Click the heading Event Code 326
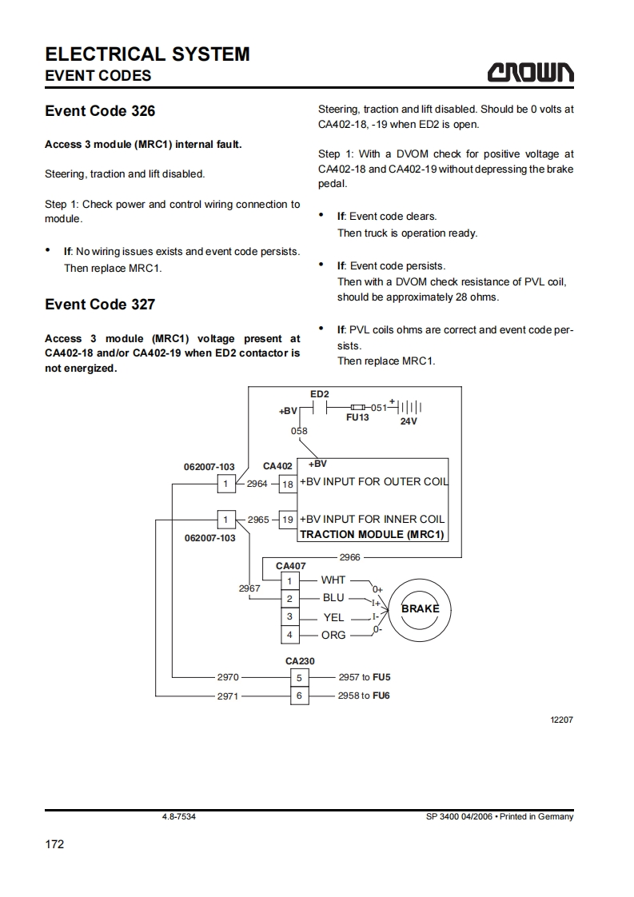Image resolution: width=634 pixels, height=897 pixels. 100,111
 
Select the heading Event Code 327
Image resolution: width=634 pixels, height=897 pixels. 100,305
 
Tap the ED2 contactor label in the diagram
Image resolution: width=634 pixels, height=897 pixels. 319,394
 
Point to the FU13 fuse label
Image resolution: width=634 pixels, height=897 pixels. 357,417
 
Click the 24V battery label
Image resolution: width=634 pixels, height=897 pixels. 408,421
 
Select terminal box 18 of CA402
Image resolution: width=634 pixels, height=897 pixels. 288,483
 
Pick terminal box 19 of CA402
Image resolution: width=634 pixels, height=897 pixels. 288,519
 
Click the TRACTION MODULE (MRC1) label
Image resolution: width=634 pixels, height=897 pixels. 372,534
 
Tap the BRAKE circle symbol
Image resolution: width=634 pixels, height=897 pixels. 420,608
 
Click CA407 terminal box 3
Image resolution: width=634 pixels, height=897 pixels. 289,617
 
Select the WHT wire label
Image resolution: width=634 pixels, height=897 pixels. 333,580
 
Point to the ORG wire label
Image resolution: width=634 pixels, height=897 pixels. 333,635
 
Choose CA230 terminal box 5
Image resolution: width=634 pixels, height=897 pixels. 299,677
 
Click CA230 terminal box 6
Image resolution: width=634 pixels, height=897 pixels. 299,696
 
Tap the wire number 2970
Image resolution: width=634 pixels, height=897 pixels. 228,677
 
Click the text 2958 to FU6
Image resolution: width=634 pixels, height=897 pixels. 364,696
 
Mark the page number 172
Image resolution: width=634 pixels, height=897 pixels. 54,844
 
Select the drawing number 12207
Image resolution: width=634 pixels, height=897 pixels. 562,720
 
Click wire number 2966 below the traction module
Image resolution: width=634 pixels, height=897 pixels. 350,557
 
